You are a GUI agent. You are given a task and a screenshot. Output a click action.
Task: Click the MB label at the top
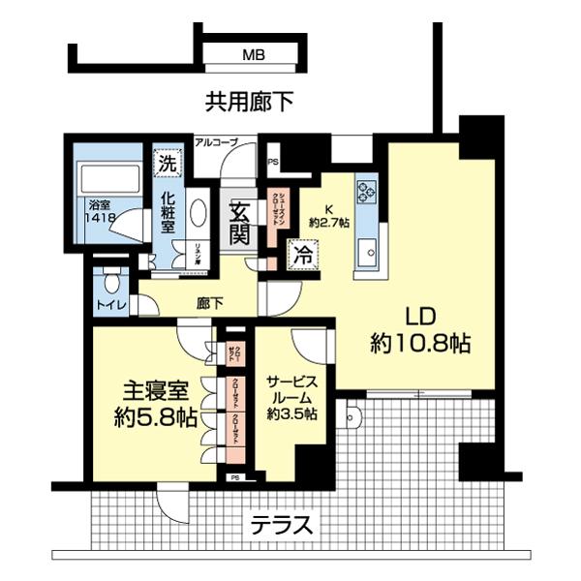click(x=253, y=57)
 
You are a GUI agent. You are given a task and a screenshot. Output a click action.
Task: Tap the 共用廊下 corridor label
click(x=249, y=100)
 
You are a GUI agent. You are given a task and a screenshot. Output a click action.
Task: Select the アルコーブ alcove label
click(x=216, y=142)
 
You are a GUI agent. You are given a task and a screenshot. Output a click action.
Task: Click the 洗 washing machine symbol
click(x=168, y=163)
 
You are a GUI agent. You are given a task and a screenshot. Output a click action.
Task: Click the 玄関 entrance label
click(x=239, y=222)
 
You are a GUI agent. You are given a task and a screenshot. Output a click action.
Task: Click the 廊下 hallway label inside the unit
click(x=210, y=303)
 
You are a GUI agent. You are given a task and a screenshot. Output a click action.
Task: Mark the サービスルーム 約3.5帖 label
click(x=291, y=397)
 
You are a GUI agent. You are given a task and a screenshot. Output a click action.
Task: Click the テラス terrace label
click(x=282, y=528)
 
